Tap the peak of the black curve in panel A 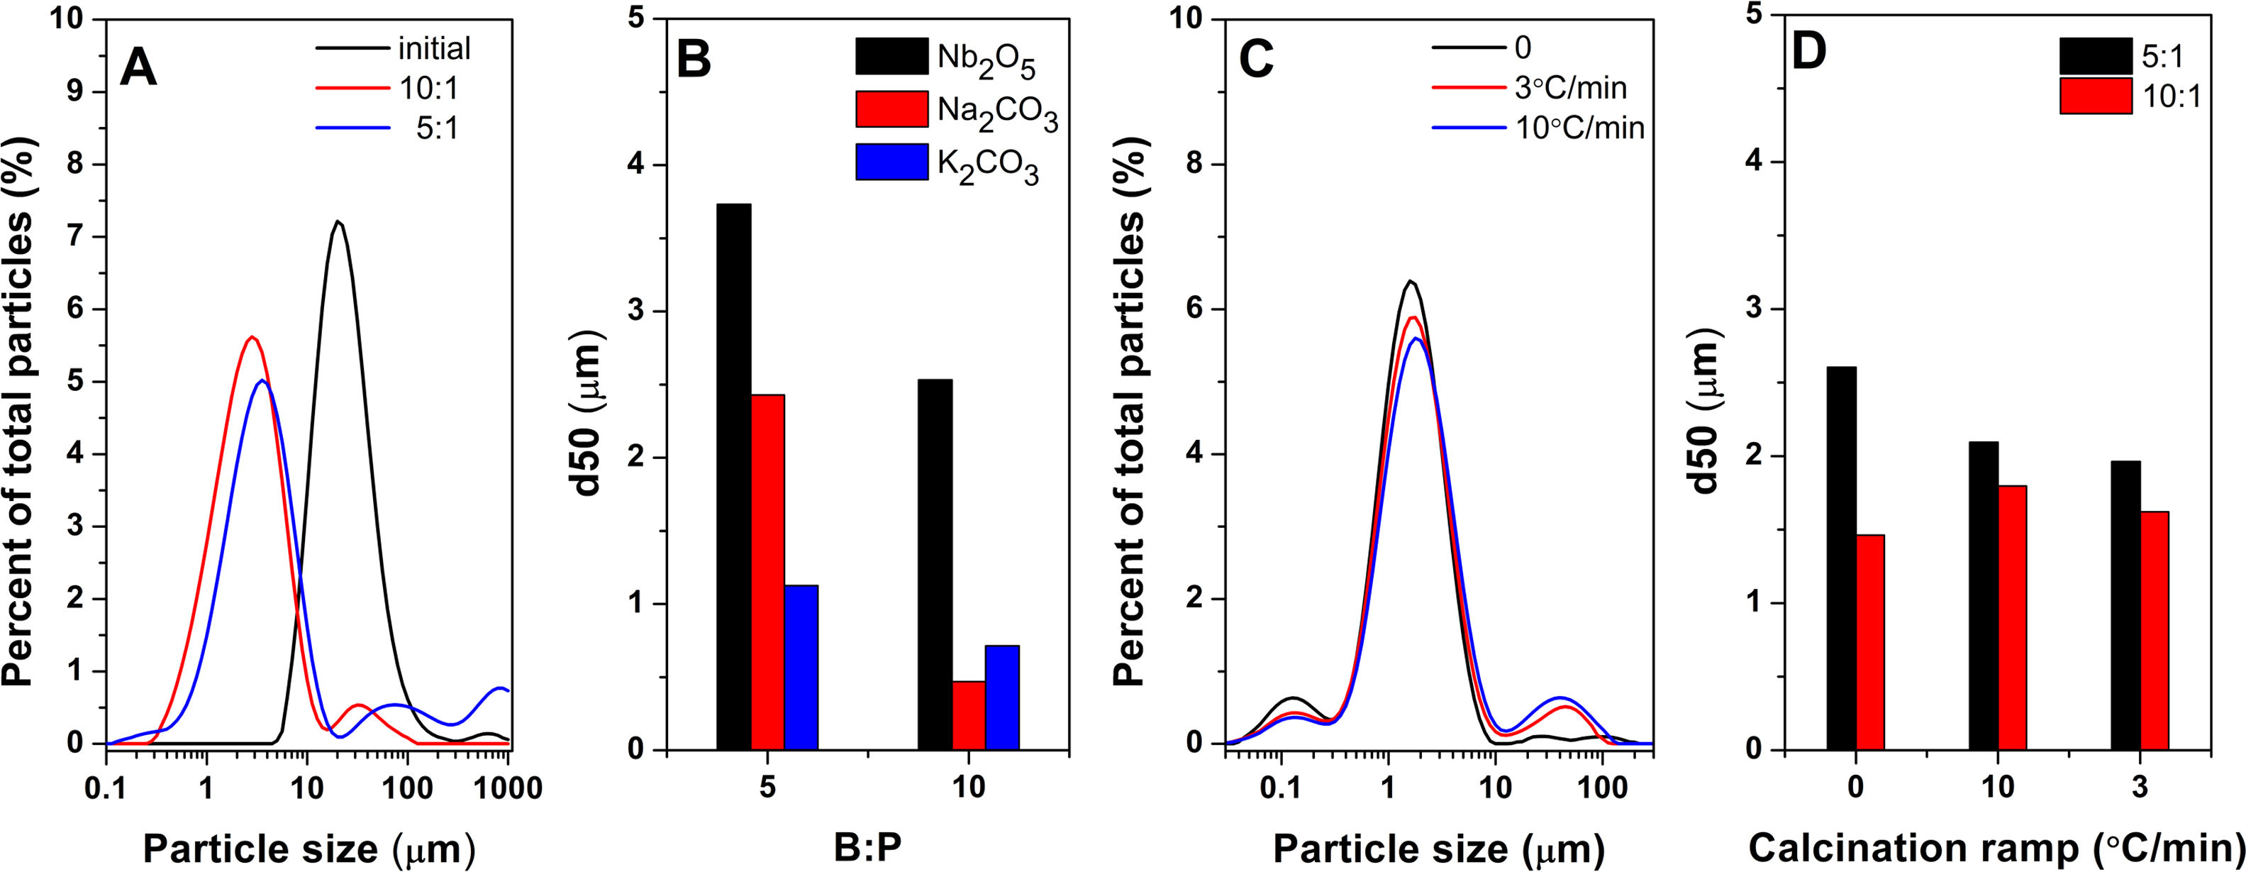[338, 222]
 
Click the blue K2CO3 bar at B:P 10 [1002, 697]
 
